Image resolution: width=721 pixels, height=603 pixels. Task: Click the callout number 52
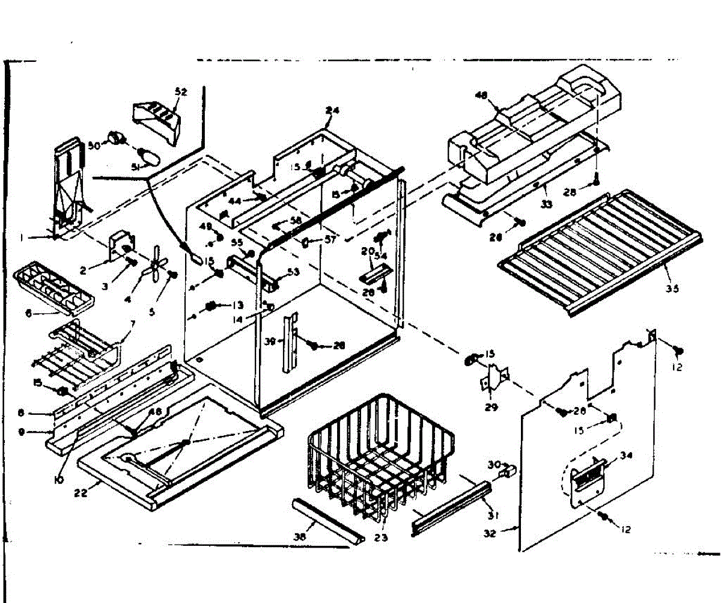tap(181, 92)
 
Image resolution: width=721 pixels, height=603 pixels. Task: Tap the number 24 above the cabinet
tap(332, 111)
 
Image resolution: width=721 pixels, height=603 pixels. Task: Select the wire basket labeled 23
tap(379, 457)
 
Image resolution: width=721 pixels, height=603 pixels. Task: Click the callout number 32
tap(490, 533)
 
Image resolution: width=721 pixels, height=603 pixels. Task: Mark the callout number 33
tap(546, 204)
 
